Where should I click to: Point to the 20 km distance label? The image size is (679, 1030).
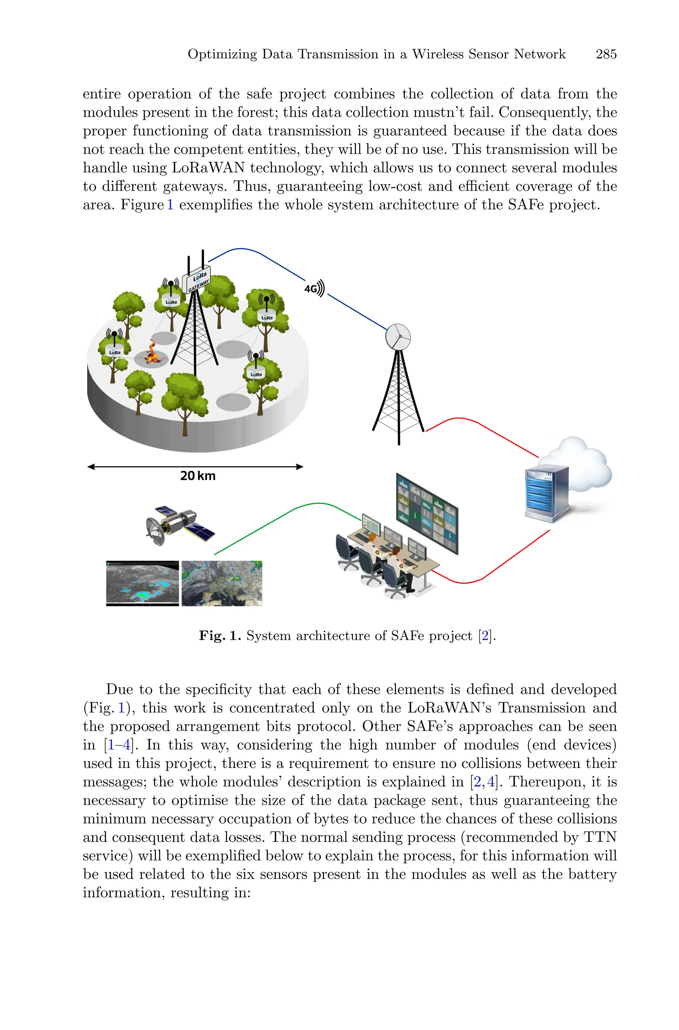(x=198, y=476)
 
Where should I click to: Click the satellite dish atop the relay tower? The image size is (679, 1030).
(x=398, y=337)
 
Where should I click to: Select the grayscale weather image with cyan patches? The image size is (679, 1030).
(x=143, y=583)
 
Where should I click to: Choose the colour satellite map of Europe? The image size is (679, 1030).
(x=222, y=583)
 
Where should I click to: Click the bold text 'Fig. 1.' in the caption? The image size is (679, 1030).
(x=219, y=636)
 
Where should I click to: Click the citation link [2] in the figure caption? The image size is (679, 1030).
(x=485, y=636)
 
